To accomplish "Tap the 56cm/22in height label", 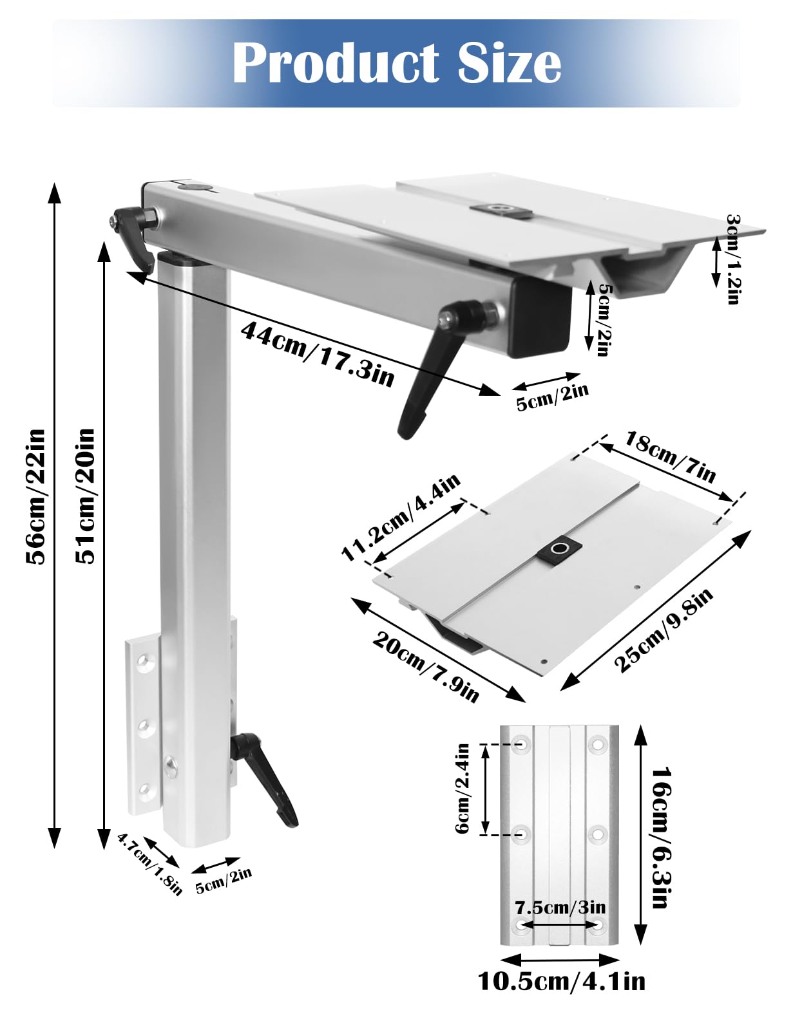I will click(36, 496).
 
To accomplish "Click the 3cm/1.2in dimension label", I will click(733, 259).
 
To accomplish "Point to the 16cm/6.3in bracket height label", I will click(660, 837).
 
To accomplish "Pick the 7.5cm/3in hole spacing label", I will click(560, 908).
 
